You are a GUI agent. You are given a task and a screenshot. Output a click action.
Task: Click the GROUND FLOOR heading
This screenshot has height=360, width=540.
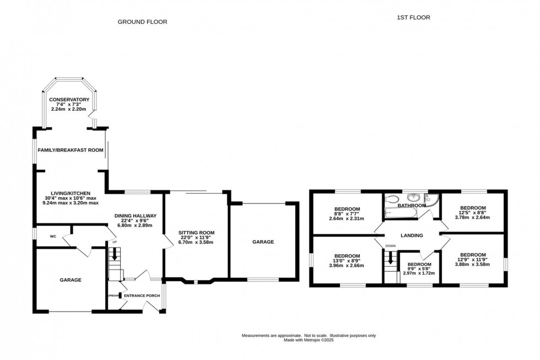pos(142,22)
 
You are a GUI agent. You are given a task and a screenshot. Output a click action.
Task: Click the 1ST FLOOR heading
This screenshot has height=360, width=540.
pos(413,18)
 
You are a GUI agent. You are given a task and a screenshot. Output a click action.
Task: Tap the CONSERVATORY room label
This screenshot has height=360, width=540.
pos(69,100)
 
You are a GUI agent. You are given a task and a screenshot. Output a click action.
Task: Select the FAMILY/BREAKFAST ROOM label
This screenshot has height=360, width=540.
pos(70,150)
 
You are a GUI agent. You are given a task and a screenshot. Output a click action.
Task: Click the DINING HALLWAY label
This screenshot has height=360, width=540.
pos(136,216)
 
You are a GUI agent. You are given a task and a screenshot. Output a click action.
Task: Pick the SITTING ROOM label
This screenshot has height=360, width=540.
pos(196,233)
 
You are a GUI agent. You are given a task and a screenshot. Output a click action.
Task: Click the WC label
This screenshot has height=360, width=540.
pos(53,237)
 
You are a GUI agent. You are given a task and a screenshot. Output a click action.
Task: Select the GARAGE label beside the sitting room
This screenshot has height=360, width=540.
pos(263,241)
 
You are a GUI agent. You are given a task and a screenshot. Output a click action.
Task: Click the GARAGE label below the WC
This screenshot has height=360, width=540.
pos(71,280)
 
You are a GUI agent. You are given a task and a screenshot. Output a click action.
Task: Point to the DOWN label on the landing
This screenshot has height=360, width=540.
pos(391,246)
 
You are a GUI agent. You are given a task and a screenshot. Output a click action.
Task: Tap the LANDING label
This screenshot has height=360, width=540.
pos(412,235)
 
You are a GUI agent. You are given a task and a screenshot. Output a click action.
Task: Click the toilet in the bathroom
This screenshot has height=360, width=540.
pos(392,200)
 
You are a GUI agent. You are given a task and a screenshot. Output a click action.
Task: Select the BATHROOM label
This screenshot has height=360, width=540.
pos(412,206)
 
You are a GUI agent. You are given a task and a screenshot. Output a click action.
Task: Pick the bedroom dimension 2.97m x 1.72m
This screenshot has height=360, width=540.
pos(419,273)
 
